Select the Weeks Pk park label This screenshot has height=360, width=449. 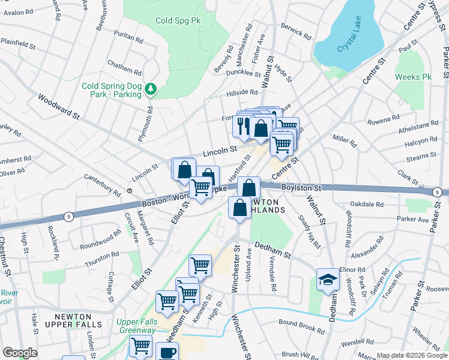coord(413,77)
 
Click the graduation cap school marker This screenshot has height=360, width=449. coord(327,280)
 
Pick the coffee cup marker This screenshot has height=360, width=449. coord(167,352)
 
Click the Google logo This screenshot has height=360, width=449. coord(20,353)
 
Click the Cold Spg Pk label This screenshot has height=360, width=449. coord(178,21)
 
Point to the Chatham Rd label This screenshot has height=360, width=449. coord(124,63)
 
